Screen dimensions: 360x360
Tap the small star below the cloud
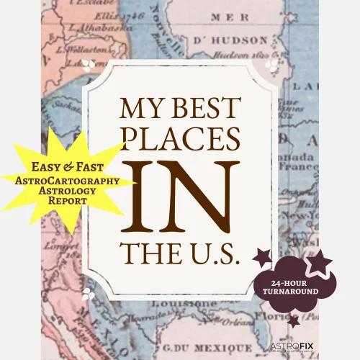(x=293, y=321)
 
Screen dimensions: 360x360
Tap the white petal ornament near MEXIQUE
(x=88, y=293)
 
